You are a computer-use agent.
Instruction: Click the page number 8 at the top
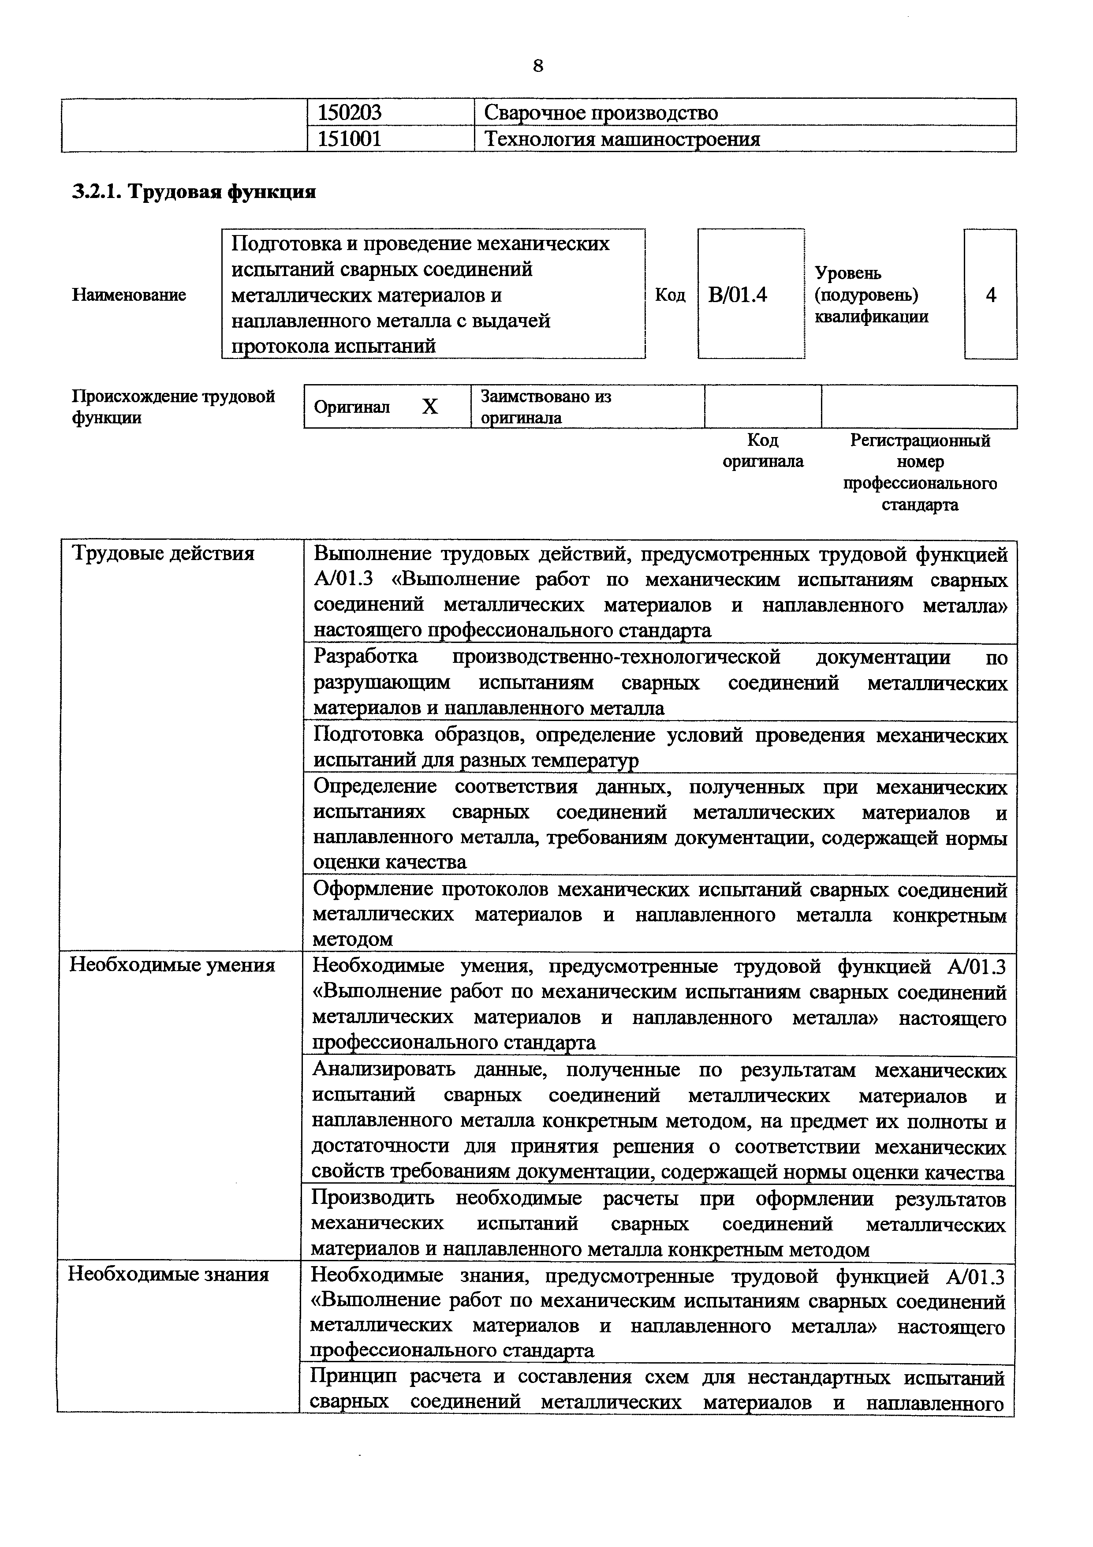(x=537, y=66)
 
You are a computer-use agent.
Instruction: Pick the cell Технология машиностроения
(x=622, y=139)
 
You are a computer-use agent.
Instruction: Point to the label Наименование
(x=129, y=295)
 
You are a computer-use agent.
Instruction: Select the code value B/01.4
(x=738, y=295)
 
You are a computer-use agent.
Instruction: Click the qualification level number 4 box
(x=990, y=295)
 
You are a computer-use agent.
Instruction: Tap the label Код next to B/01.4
(x=670, y=295)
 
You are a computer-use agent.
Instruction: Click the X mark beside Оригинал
(x=429, y=407)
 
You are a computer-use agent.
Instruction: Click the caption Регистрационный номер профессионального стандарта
(x=920, y=472)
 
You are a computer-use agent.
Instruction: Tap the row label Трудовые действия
(x=163, y=554)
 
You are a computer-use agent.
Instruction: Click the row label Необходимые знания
(x=168, y=1275)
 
